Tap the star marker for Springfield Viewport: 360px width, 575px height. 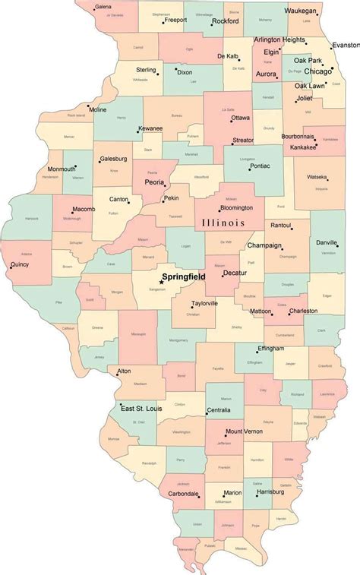[160, 283]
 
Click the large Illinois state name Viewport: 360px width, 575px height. [223, 223]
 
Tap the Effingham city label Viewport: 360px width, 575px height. [270, 349]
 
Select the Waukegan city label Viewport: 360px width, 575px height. [317, 11]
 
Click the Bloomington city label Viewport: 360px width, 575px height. [236, 207]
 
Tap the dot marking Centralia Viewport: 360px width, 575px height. [207, 413]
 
